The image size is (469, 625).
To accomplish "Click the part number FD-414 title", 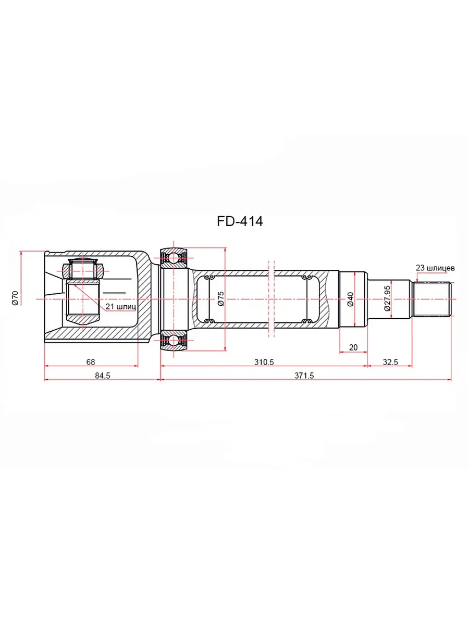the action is [x=240, y=221].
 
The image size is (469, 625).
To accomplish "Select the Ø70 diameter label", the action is [x=15, y=298].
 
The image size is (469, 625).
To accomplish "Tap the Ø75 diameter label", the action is [x=221, y=298].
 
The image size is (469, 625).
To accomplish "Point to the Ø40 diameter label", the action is [x=350, y=299].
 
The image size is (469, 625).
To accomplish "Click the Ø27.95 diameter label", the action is [x=387, y=298].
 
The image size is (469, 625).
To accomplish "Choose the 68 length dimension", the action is [x=91, y=362].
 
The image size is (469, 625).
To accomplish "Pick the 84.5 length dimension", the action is [x=103, y=376].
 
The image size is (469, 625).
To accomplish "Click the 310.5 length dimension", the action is [x=264, y=362].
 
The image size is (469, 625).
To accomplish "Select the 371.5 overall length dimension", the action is [x=304, y=376].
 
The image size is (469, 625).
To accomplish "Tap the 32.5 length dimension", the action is [x=390, y=362].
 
